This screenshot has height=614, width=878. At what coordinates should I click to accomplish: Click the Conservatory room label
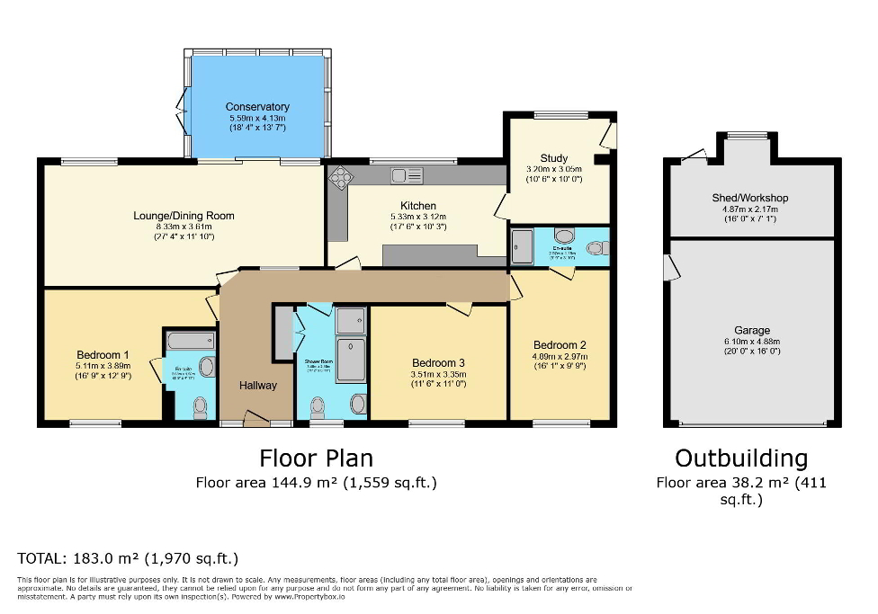click(x=257, y=107)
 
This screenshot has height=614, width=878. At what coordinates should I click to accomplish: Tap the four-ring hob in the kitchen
click(x=341, y=177)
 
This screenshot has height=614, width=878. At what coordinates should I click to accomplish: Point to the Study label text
click(x=554, y=158)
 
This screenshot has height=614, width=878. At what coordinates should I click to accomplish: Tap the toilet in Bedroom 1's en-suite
click(x=200, y=408)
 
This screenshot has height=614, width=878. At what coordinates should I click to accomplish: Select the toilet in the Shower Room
click(x=318, y=407)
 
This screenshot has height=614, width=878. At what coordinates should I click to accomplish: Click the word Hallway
click(x=258, y=385)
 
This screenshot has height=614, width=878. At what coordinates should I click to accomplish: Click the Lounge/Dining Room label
click(x=184, y=216)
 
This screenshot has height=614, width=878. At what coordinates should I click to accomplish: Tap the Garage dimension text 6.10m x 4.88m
click(x=752, y=342)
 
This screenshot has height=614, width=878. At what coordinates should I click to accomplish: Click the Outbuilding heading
click(x=741, y=458)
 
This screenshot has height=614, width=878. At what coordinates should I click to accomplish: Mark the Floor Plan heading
click(x=316, y=458)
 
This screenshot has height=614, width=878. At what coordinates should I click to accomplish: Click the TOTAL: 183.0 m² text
click(x=128, y=558)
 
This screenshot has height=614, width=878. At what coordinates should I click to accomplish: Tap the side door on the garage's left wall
click(x=669, y=267)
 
